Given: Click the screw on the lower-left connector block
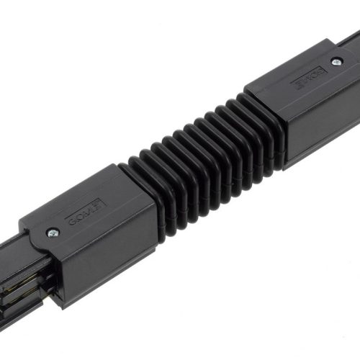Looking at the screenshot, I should (x=53, y=232).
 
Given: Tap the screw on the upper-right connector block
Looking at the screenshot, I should (x=336, y=62).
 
